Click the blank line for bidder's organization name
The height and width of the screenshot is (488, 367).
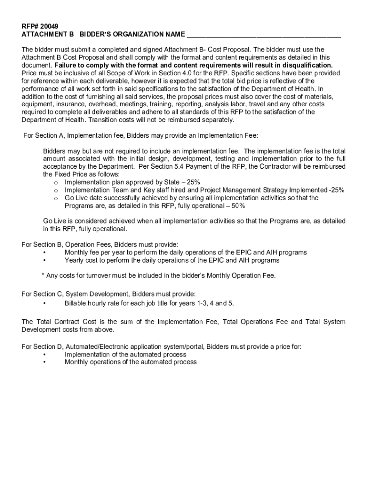coord(264,35)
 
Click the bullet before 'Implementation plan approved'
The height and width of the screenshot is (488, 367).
coord(56,183)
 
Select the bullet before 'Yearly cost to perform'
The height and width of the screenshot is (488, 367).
coord(45,261)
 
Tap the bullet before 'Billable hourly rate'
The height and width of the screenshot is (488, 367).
coord(45,304)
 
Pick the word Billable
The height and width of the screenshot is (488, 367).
coord(76,303)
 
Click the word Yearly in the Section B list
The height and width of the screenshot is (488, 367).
coord(75,260)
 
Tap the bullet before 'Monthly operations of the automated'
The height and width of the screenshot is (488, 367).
coord(45,362)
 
